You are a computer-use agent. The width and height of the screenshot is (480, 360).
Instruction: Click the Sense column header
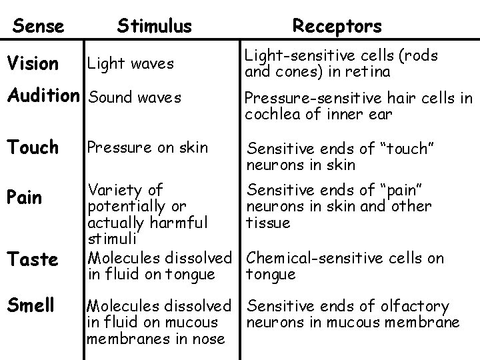pyautogui.click(x=39, y=26)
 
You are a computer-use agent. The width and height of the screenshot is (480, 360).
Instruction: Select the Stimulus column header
pyautogui.click(x=154, y=26)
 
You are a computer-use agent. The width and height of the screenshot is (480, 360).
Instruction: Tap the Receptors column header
pyautogui.click(x=337, y=26)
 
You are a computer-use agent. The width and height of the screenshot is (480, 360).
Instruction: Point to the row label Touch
pyautogui.click(x=34, y=147)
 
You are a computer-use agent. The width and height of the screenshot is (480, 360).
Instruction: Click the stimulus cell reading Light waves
pyautogui.click(x=131, y=63)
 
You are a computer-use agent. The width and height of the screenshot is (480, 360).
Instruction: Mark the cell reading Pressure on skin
pyautogui.click(x=148, y=147)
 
